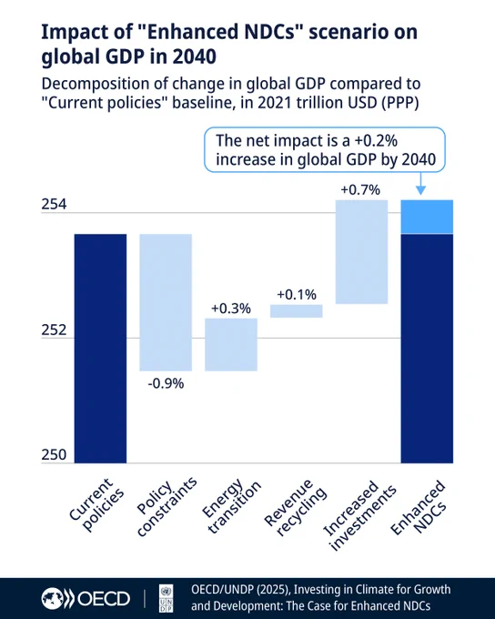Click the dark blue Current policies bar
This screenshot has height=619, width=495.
[x=100, y=349]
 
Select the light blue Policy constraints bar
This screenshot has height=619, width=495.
[x=166, y=302]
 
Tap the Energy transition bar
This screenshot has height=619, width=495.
[x=231, y=345]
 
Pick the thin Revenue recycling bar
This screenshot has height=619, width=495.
[x=296, y=311]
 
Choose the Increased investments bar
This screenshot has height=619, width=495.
[x=361, y=252]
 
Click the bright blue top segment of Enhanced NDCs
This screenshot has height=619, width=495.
[x=427, y=218]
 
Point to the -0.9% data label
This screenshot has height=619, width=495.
[x=166, y=383]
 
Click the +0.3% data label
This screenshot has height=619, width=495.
[x=231, y=309]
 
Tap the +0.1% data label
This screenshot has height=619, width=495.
[x=297, y=295]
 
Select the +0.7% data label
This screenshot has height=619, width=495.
[x=360, y=190]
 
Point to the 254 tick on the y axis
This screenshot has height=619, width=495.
[x=54, y=205]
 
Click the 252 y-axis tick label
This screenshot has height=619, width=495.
[x=54, y=330]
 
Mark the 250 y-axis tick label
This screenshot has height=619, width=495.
[x=54, y=455]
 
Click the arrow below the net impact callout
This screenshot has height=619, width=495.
[x=420, y=183]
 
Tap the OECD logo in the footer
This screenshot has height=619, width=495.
[x=86, y=598]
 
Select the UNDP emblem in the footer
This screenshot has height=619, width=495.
[x=166, y=598]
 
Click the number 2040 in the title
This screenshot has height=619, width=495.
[x=194, y=56]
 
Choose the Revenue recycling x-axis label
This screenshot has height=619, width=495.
[x=295, y=508]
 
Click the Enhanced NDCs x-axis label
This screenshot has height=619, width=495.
[x=419, y=507]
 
